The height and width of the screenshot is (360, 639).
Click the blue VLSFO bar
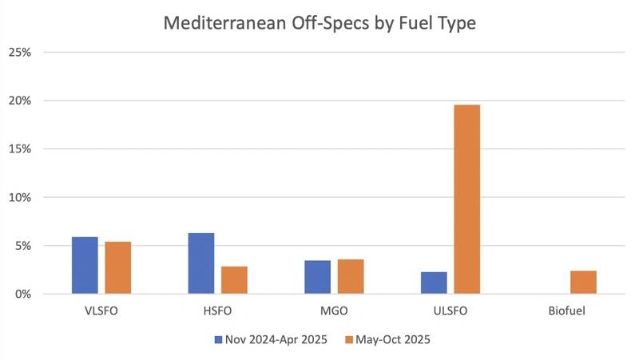click(85, 266)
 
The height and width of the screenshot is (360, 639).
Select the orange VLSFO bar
click(117, 268)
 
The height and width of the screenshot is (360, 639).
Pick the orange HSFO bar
click(234, 280)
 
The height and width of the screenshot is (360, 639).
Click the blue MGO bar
click(317, 277)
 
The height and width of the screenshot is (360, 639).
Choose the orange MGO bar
click(351, 276)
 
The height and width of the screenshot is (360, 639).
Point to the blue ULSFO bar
click(434, 283)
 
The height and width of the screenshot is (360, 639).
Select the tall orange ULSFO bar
click(467, 200)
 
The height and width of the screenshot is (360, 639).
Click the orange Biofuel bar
click(583, 282)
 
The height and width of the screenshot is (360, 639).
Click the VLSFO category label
click(101, 311)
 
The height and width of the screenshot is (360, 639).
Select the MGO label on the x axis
click(334, 311)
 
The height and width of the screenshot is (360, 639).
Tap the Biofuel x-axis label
click(566, 311)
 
